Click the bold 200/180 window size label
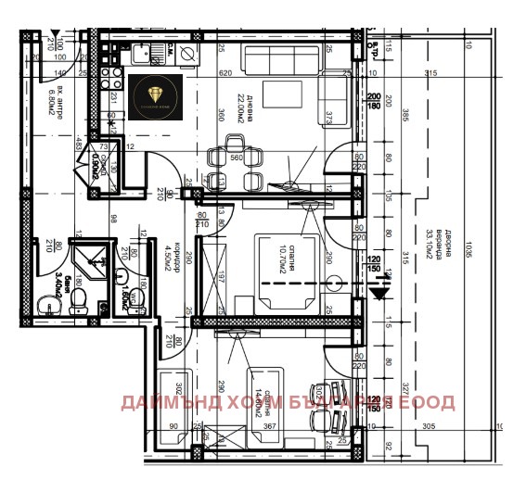point(375,101)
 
